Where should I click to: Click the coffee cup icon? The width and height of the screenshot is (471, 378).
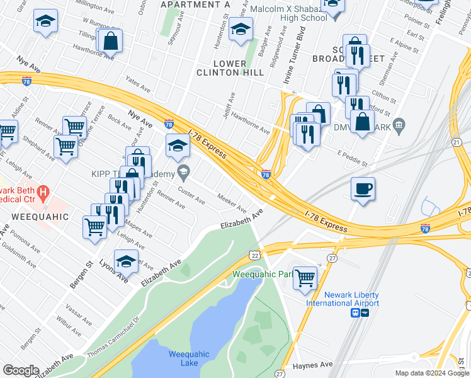[x=363, y=188]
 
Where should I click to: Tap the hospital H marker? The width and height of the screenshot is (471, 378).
[x=43, y=191]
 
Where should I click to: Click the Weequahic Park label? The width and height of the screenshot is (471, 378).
[x=263, y=274]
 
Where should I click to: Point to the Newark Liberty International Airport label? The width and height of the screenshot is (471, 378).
[x=351, y=299]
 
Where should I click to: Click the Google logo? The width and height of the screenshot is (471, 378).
[x=21, y=370]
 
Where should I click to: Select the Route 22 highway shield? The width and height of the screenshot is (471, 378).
[x=254, y=255]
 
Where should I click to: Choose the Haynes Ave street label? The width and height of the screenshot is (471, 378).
[x=313, y=365]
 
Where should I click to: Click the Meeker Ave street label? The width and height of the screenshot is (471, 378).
[x=232, y=203]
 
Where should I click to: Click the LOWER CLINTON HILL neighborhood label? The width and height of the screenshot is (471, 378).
[x=239, y=68]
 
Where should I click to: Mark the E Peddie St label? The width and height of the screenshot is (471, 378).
[x=352, y=158]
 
